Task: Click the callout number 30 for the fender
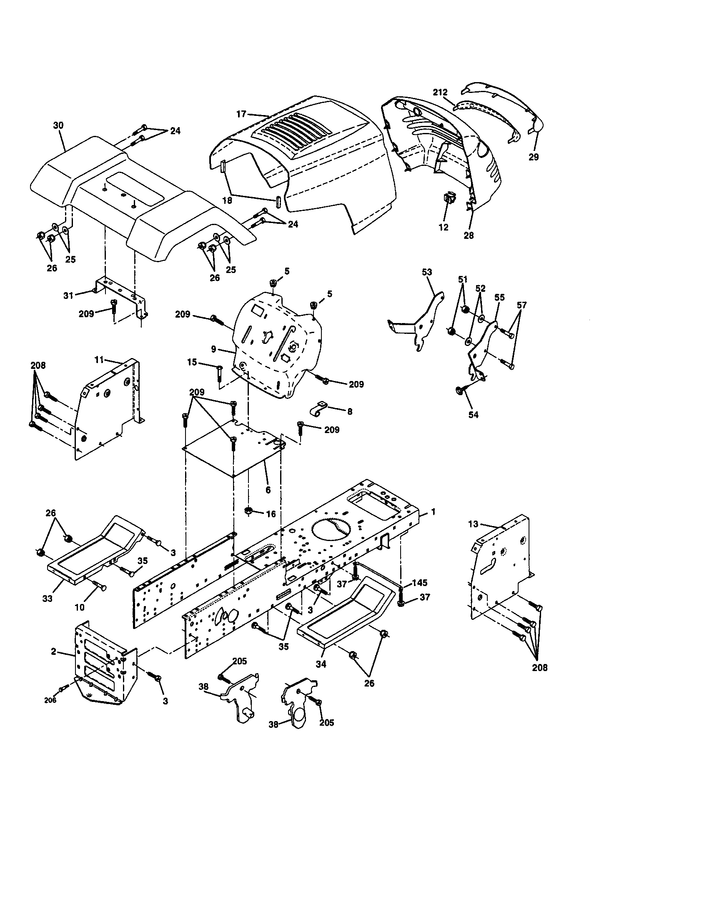coord(58,125)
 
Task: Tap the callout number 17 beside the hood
coord(241,113)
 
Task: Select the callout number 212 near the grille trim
coord(440,92)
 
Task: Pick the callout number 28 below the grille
coord(469,236)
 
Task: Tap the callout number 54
coord(473,415)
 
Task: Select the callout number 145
coord(419,583)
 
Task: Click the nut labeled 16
coord(248,511)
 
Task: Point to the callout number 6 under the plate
coord(268,490)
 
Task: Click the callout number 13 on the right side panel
coord(473,524)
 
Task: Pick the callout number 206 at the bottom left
coord(50,700)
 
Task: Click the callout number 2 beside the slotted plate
coord(53,651)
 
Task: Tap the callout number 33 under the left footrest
coord(48,598)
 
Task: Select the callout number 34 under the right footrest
coord(321,664)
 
